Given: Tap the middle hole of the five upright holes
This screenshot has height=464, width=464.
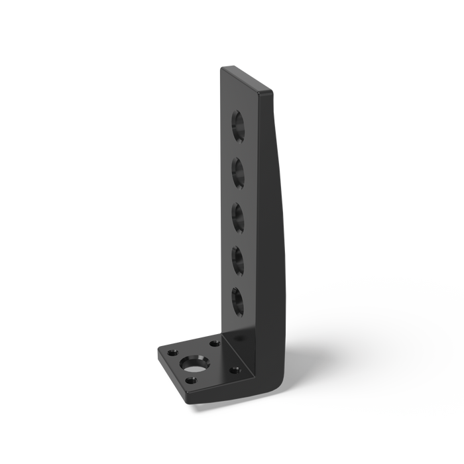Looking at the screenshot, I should click(237, 216).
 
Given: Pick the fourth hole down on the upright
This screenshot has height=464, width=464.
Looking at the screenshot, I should click(237, 259).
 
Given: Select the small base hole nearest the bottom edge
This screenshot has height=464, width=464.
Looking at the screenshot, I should click(192, 380).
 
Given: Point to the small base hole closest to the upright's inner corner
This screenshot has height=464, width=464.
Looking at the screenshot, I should click(214, 344).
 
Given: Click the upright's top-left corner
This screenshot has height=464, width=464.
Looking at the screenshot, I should click(221, 67).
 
